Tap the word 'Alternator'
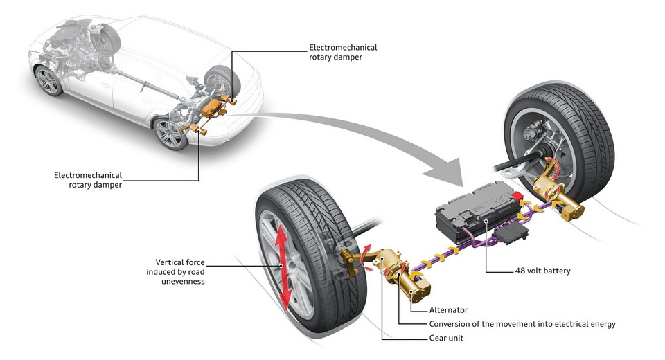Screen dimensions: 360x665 [x=448, y=309]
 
